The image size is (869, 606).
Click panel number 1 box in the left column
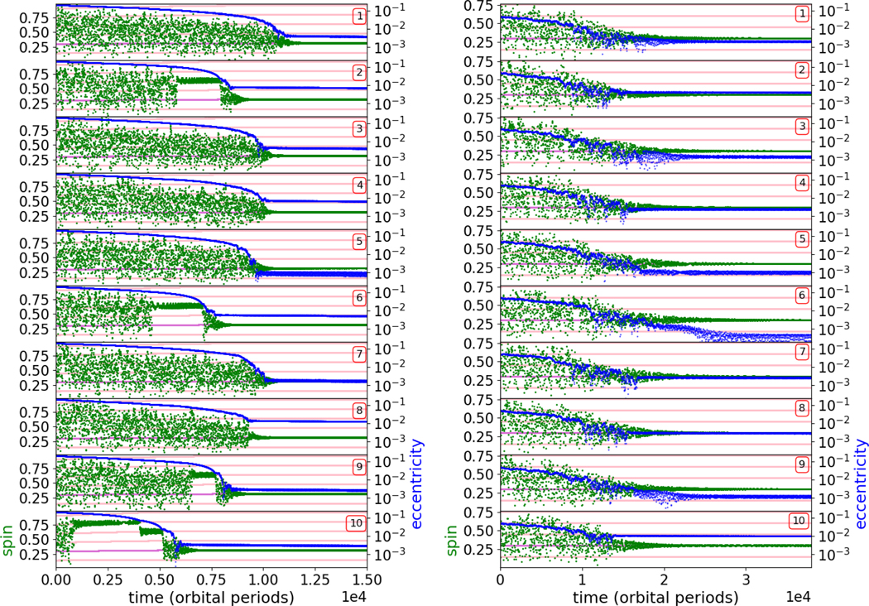tap(358, 16)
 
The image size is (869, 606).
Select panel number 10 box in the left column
tap(355, 522)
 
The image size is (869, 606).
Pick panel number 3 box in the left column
tap(358, 128)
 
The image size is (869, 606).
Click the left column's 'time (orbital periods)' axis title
tap(210, 596)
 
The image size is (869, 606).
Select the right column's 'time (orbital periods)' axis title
tap(655, 596)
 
